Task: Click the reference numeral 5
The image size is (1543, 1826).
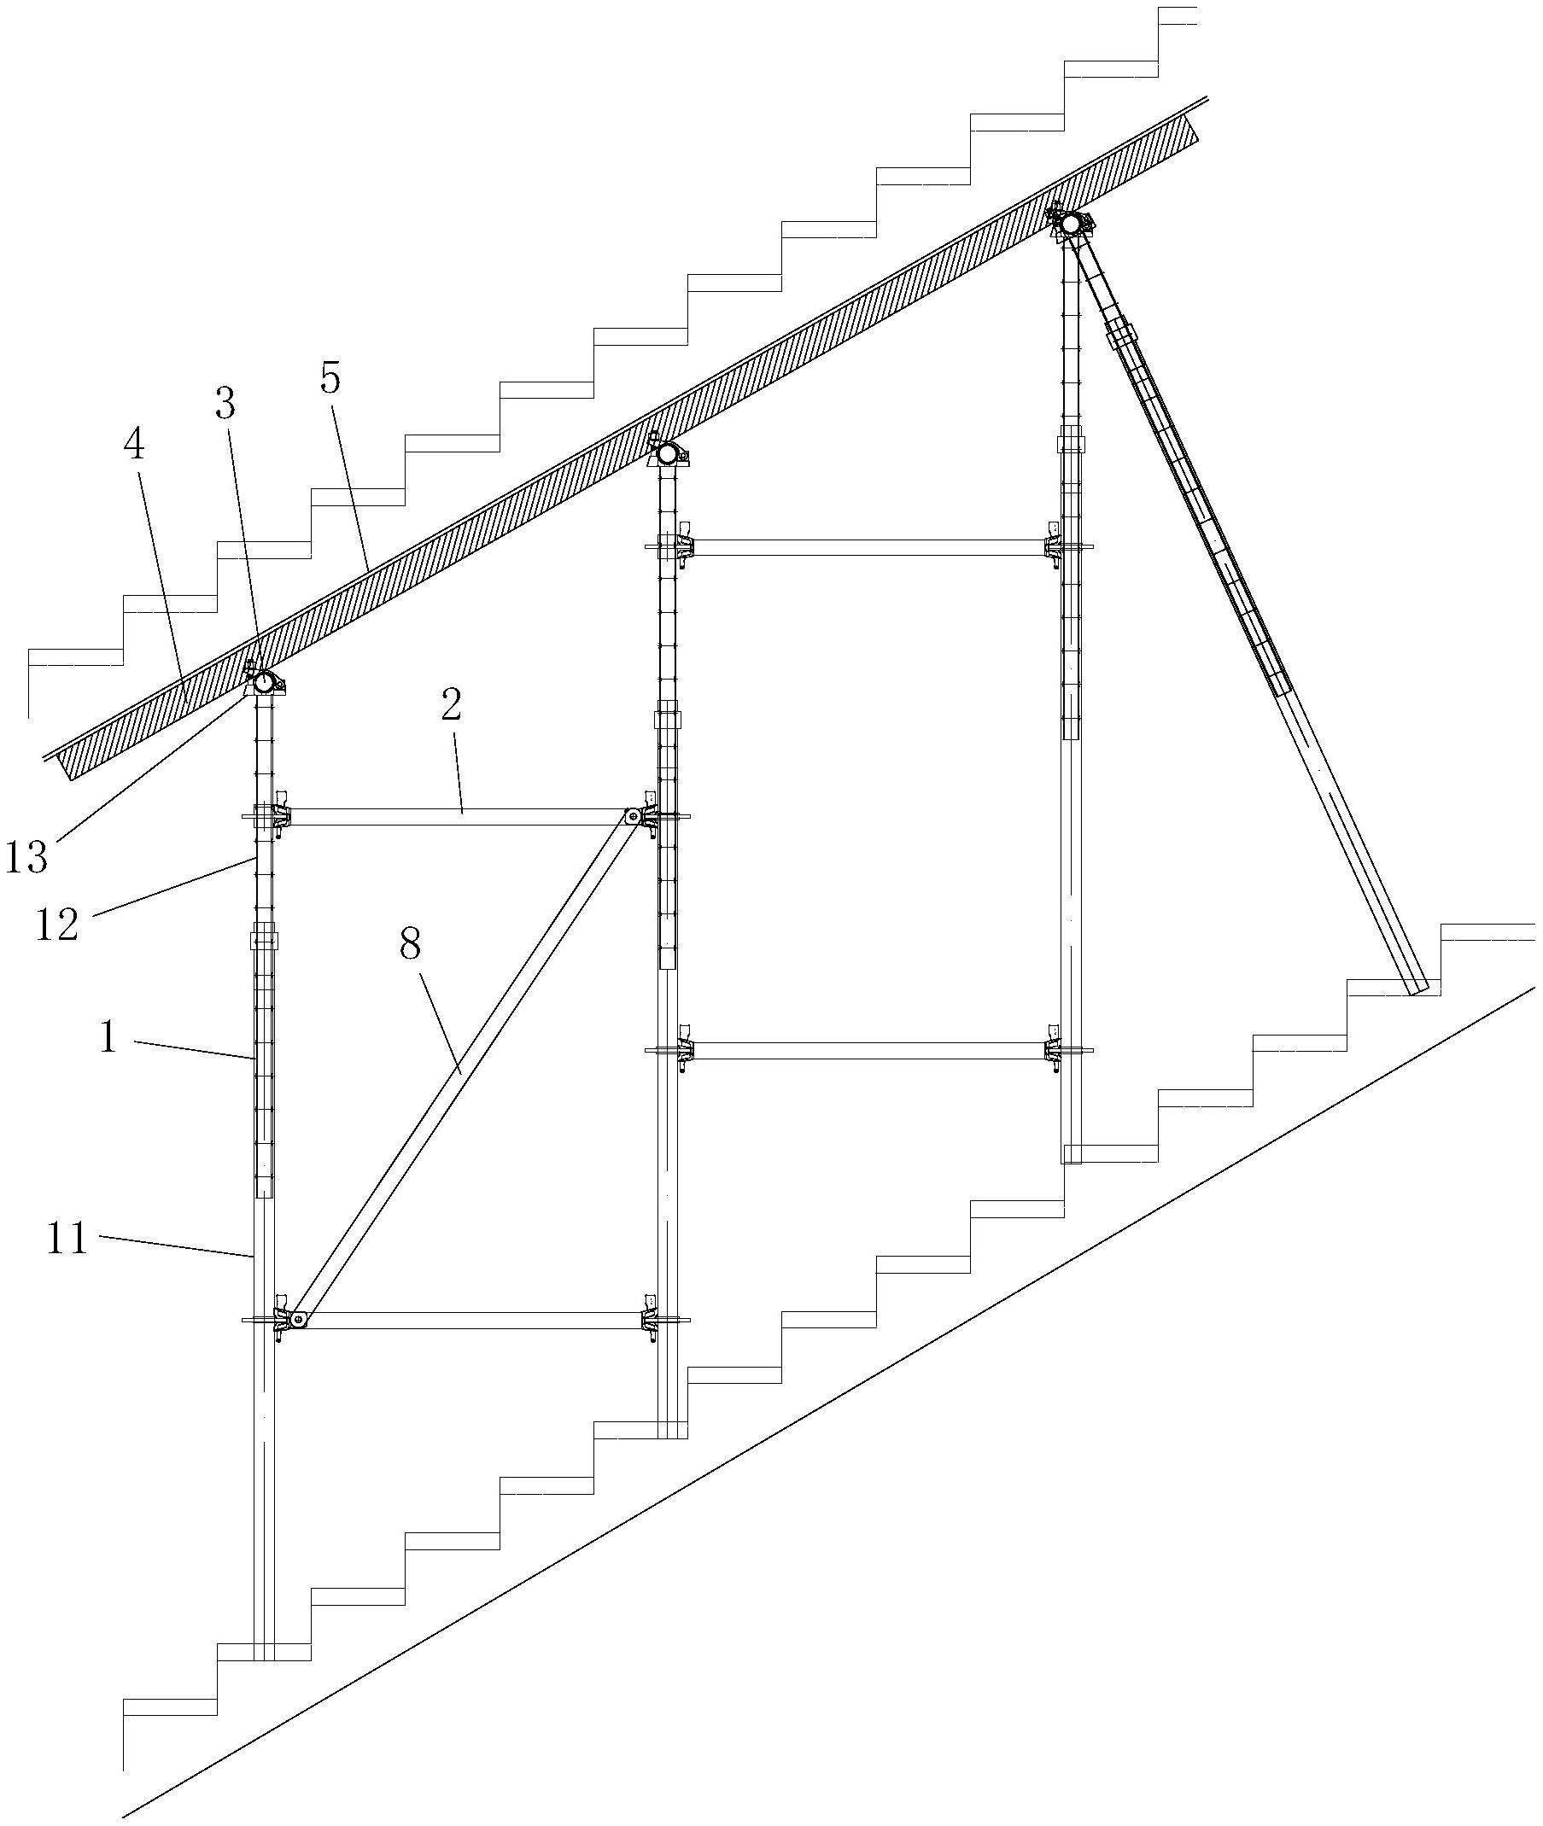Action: (x=330, y=379)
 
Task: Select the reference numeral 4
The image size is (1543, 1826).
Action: (x=134, y=445)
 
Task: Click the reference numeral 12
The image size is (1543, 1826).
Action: (x=58, y=925)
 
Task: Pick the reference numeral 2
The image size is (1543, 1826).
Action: (x=451, y=706)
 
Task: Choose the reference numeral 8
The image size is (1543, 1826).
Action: (x=410, y=945)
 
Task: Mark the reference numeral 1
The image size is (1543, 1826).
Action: (x=108, y=1038)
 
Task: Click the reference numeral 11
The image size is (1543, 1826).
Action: (x=68, y=1240)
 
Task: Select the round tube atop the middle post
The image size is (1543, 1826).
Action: (x=669, y=453)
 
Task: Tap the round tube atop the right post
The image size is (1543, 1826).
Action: (x=1071, y=224)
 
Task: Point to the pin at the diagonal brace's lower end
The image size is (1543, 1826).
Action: (x=299, y=1319)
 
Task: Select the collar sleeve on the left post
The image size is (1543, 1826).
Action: (x=264, y=941)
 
